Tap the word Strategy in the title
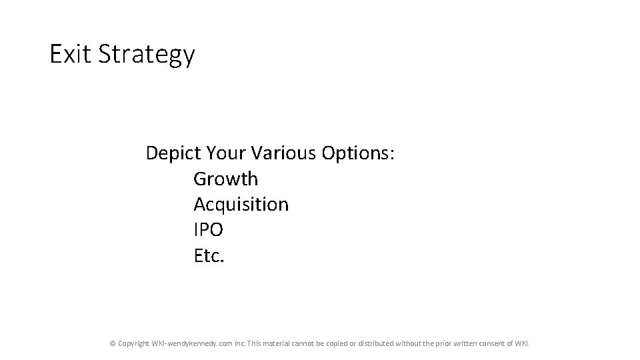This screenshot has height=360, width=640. tap(147, 55)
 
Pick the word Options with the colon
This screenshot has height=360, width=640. tap(359, 154)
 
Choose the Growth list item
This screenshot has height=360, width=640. tap(225, 179)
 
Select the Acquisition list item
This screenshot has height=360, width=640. tap(241, 205)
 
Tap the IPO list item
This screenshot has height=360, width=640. tap(208, 230)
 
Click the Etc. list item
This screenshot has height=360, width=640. tap(209, 255)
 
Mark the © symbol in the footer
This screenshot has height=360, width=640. tap(113, 343)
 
